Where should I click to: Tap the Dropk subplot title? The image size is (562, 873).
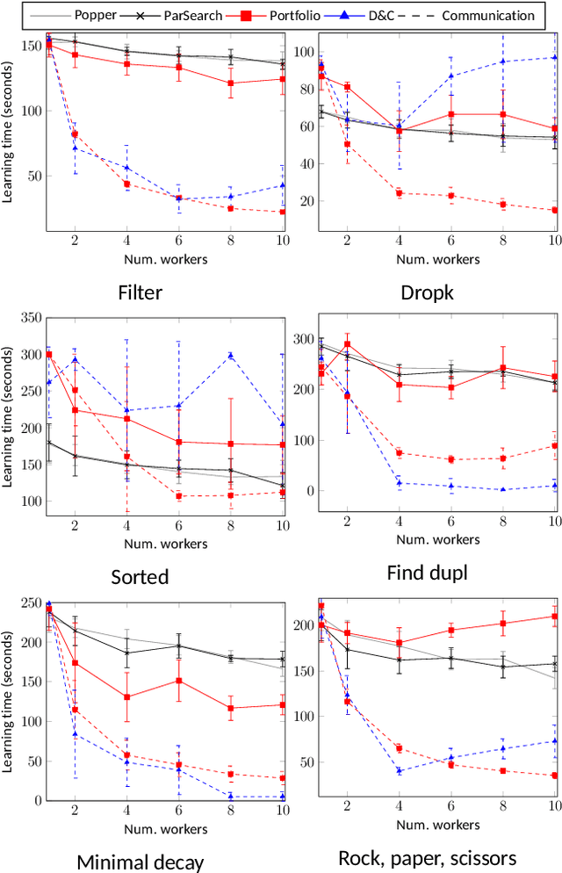point(424,292)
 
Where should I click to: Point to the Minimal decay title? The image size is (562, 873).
point(141,861)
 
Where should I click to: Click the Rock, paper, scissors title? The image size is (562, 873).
point(427,857)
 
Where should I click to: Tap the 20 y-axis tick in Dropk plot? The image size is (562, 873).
point(307,201)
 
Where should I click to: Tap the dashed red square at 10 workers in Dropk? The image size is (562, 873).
point(554,210)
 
